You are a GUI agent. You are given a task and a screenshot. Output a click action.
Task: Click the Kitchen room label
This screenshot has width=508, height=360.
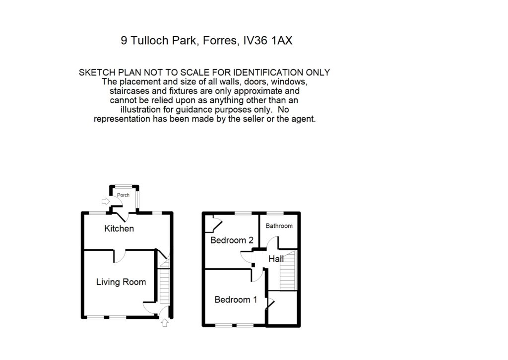(119, 229)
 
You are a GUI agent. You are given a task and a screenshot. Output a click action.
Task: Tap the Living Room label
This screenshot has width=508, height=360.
(121, 282)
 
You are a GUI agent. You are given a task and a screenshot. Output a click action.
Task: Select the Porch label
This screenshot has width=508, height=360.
(123, 195)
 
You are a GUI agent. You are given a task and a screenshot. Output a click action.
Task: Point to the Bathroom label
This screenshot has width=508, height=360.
(279, 226)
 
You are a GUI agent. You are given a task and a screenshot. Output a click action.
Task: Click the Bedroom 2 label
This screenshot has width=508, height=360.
(232, 240)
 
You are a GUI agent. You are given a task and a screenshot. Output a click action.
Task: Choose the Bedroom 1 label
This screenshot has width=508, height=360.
(236, 300)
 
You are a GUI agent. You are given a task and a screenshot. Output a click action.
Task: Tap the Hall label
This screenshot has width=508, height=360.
(276, 259)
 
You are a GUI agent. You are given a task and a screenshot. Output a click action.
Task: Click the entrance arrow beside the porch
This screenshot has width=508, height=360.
(105, 202)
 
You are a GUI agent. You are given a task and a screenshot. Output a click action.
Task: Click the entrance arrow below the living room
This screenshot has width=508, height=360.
(165, 323)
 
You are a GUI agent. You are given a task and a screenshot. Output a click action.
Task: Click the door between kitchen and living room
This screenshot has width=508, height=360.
(120, 256)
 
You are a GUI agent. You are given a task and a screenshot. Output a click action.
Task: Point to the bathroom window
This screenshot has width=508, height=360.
(276, 213)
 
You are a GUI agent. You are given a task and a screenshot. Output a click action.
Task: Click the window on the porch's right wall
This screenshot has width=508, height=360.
(138, 199)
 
